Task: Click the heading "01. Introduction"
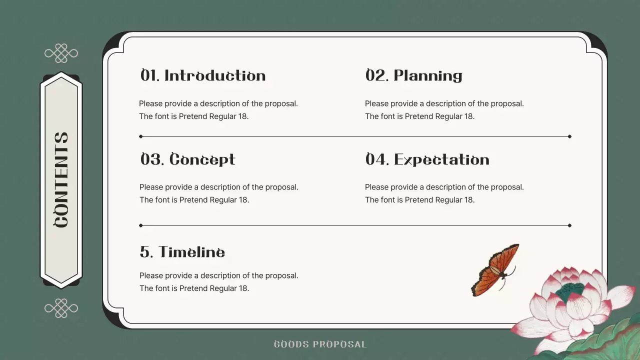202,75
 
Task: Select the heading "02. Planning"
413,75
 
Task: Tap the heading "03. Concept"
187,159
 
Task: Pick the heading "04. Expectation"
427,159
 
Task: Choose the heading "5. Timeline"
182,252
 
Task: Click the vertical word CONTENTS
61,180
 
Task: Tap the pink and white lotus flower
570,305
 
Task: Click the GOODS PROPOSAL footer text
320,344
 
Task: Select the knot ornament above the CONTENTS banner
61,53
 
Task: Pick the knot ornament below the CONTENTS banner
61,308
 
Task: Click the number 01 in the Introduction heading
149,75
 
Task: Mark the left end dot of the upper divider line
141,136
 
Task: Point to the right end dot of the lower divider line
569,225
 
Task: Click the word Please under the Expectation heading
376,187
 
